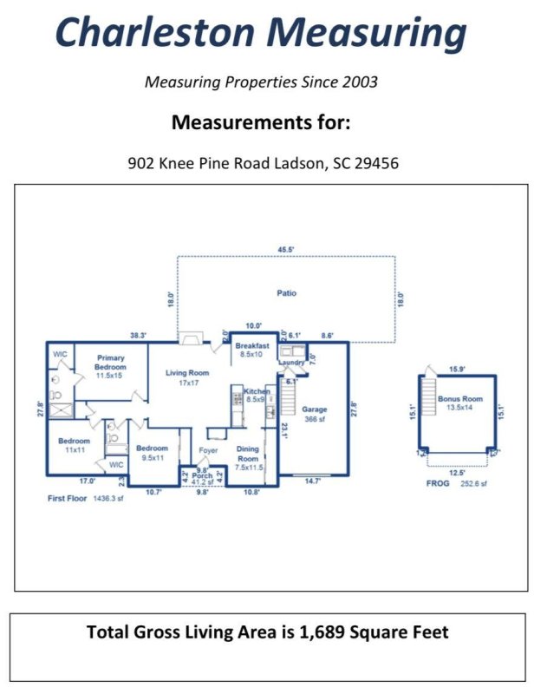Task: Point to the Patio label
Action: tap(286, 293)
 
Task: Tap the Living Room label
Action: tap(187, 376)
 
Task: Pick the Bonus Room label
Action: tap(465, 402)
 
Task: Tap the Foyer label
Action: tap(208, 450)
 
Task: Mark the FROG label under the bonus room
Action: tap(438, 483)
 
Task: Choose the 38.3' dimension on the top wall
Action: tap(137, 335)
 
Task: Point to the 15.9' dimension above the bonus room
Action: tap(457, 370)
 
